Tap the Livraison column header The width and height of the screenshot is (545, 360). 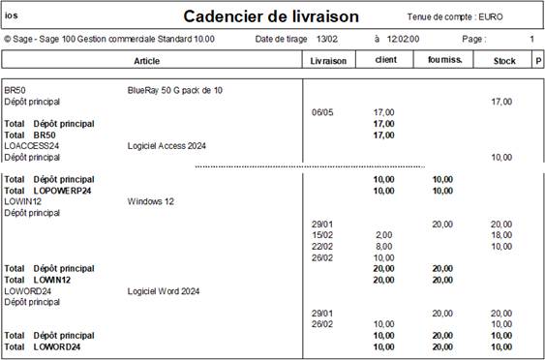point(328,60)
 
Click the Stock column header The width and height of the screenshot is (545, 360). point(504,60)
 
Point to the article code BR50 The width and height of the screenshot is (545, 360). point(15,90)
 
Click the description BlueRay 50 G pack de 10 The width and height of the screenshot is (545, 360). point(175,90)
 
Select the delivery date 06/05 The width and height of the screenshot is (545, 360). point(322,112)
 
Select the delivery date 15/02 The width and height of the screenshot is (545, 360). point(322,235)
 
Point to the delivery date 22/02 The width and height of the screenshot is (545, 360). point(322,246)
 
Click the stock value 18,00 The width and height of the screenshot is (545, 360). point(501,235)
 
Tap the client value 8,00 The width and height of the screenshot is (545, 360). point(384,246)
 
